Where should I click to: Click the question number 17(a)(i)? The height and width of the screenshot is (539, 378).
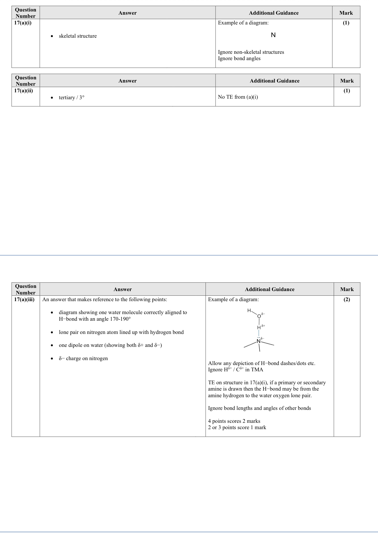(23, 23)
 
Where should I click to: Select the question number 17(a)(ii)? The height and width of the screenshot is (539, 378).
(24, 91)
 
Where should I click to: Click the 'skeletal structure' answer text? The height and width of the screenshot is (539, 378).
(78, 36)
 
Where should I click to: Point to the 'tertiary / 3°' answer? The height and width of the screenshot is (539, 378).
(72, 98)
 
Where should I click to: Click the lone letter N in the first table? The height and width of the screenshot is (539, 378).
(273, 35)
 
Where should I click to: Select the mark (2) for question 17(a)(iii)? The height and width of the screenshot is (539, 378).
(347, 299)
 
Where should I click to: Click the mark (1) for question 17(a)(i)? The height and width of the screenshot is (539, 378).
(346, 23)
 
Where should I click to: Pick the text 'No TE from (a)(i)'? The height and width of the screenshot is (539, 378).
(238, 97)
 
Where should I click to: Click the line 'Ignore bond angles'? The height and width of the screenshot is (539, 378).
(239, 58)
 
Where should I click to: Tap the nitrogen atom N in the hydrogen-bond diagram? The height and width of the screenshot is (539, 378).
(258, 341)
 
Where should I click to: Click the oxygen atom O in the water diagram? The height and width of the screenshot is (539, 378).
(259, 316)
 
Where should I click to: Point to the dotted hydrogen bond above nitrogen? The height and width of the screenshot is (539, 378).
(259, 333)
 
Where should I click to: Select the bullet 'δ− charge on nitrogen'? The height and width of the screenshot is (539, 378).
(83, 358)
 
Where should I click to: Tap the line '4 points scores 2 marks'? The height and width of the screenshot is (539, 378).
(234, 421)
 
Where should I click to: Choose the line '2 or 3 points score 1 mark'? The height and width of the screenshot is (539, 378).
(237, 427)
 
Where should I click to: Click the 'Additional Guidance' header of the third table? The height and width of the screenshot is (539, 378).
(270, 289)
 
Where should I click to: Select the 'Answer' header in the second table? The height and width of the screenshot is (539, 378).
(127, 81)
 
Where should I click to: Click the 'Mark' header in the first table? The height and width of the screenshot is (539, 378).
(346, 13)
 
